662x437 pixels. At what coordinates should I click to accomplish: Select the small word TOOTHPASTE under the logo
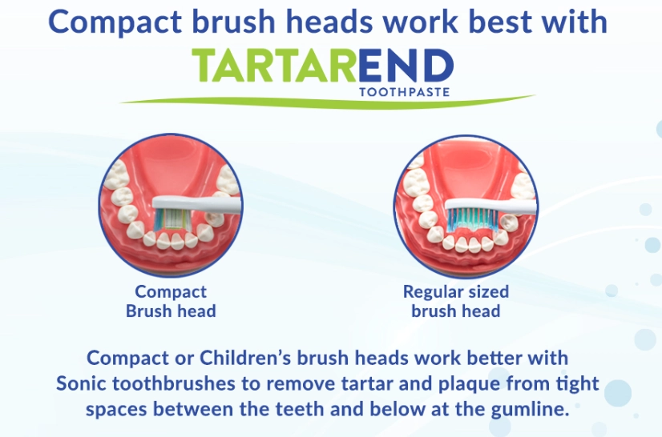[x=404, y=92]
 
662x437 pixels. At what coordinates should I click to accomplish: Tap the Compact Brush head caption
[x=171, y=302]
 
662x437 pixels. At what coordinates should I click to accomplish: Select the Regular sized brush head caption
[x=455, y=302]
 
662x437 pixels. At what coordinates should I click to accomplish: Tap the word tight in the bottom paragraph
[x=577, y=383]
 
